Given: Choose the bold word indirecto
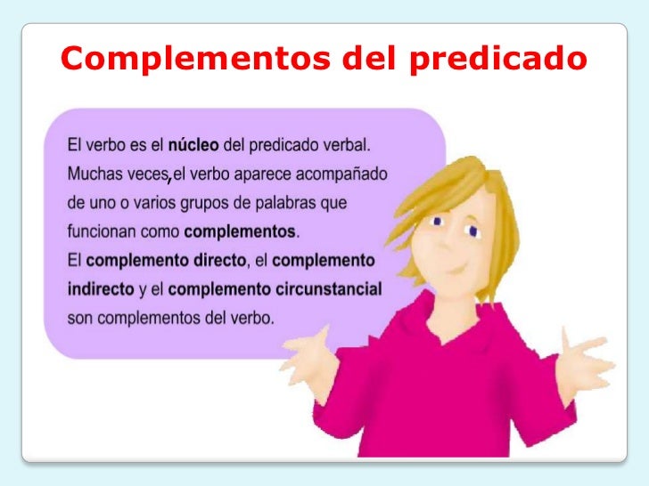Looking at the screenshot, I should coord(101,289).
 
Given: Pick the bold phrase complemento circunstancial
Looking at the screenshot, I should coord(275,289).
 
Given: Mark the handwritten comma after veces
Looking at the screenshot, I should coord(169,181).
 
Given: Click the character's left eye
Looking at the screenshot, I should coord(436,219).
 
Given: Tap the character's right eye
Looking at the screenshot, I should coord(472,232).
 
